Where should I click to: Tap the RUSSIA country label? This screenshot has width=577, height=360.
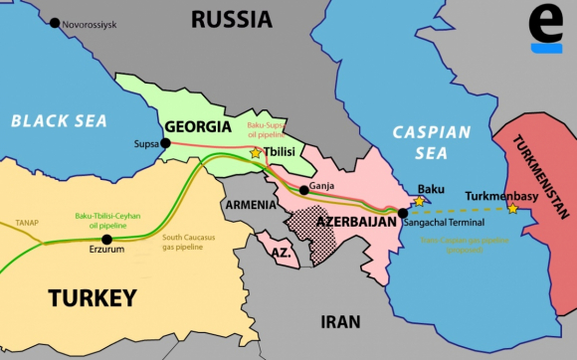point(231,18)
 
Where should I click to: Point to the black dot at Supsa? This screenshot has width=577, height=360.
point(165,143)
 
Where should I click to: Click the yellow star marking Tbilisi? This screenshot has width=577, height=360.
point(256,153)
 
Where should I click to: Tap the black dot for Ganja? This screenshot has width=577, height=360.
point(303,189)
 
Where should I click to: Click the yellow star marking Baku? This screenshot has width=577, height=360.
point(419,201)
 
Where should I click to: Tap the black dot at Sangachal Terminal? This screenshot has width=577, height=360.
point(402,212)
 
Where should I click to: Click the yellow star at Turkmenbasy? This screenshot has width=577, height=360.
point(512,208)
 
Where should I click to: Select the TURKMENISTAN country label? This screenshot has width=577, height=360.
point(538,175)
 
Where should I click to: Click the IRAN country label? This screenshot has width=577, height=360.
point(341,319)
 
